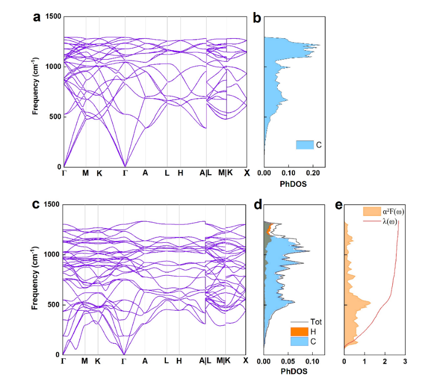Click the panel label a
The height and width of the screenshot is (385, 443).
click(x=37, y=17)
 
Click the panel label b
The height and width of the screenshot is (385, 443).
click(x=257, y=17)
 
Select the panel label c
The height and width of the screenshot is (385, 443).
click(x=37, y=205)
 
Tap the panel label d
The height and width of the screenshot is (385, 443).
click(x=257, y=205)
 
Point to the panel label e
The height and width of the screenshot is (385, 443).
click(x=338, y=205)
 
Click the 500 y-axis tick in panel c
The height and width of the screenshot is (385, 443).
click(x=53, y=304)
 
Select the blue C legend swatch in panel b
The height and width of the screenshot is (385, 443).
click(x=304, y=144)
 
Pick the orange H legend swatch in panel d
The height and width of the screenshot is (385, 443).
click(x=297, y=332)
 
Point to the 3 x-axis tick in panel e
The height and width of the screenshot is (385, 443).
click(x=405, y=361)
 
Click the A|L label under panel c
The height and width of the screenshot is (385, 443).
click(x=205, y=361)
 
